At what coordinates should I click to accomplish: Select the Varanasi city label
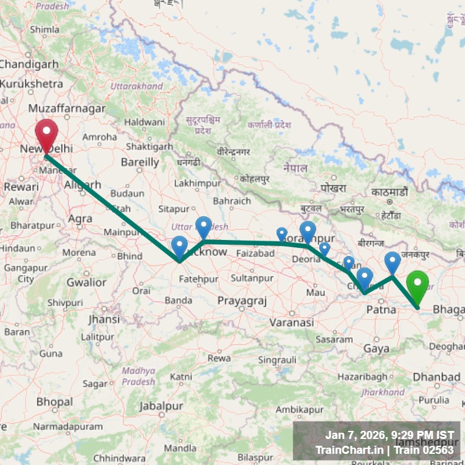click(x=291, y=322)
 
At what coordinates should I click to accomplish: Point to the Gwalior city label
click(x=86, y=282)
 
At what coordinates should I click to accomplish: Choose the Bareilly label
click(x=139, y=162)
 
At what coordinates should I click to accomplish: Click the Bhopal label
click(x=54, y=402)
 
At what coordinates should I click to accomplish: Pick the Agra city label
click(x=80, y=218)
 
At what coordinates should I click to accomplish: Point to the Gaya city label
click(x=376, y=349)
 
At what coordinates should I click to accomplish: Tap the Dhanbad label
click(x=436, y=376)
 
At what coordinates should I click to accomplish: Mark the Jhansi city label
click(x=104, y=319)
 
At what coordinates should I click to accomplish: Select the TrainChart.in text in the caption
click(x=349, y=449)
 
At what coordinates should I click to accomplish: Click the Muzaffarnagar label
click(x=71, y=108)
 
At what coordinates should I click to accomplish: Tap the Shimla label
click(x=45, y=29)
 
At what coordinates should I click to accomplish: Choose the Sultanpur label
click(x=252, y=279)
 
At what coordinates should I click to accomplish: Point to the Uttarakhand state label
click(x=137, y=86)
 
